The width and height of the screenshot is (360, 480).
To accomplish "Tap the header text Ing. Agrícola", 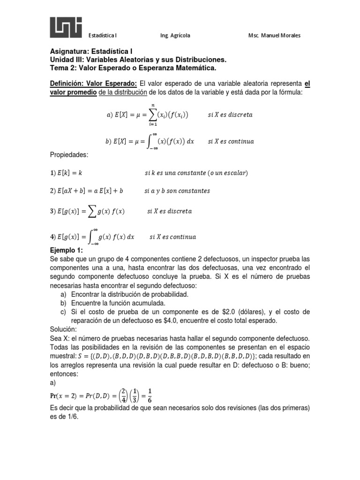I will pos(175,36).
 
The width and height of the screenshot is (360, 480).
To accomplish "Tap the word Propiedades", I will pos(69,154).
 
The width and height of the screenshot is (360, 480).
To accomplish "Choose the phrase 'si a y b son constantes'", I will pos(177,191).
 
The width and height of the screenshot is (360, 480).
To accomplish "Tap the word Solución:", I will pos(64,330).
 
